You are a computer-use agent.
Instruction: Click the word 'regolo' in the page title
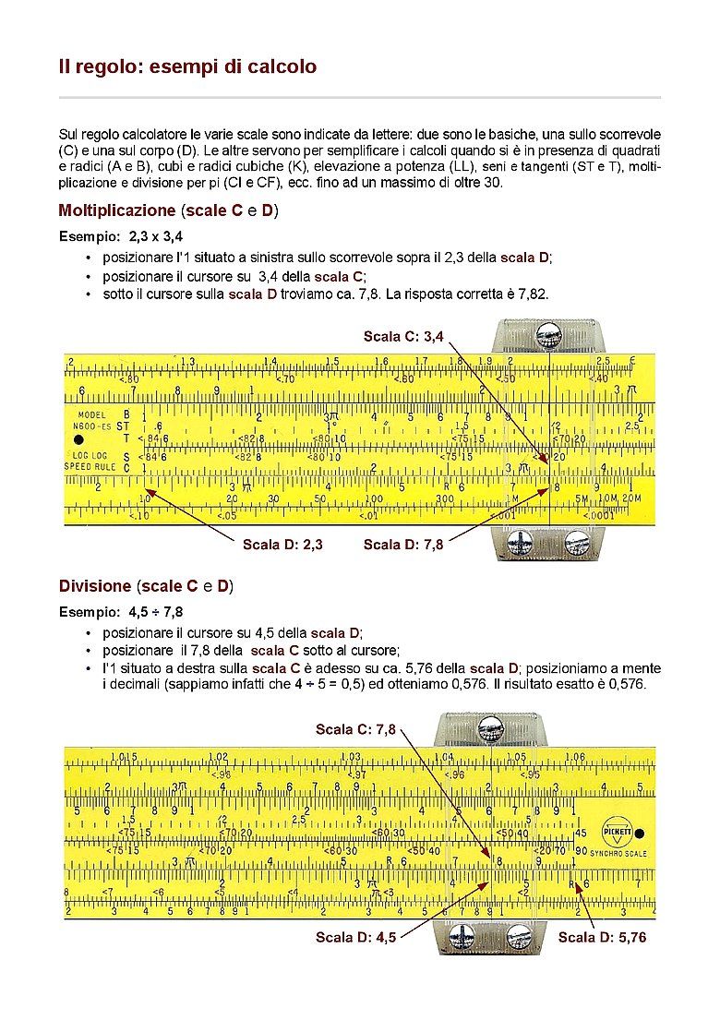[x=100, y=66]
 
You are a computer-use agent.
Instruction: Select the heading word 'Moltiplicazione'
[x=116, y=210]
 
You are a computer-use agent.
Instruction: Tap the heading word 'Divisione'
[x=95, y=586]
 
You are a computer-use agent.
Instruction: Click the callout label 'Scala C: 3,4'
[x=404, y=336]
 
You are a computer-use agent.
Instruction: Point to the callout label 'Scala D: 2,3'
[x=282, y=545]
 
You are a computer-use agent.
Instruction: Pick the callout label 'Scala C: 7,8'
[x=355, y=729]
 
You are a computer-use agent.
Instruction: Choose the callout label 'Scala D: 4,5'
[x=355, y=938]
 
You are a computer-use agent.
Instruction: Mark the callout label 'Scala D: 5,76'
[x=602, y=938]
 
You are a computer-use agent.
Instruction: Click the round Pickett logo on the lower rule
[x=616, y=832]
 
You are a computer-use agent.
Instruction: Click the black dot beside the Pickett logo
[x=640, y=833]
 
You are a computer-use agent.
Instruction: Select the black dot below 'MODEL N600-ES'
[x=79, y=439]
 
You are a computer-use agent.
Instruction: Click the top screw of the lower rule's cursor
[x=486, y=729]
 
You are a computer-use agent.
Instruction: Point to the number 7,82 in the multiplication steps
[x=534, y=294]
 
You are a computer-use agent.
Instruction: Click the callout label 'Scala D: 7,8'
[x=403, y=545]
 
